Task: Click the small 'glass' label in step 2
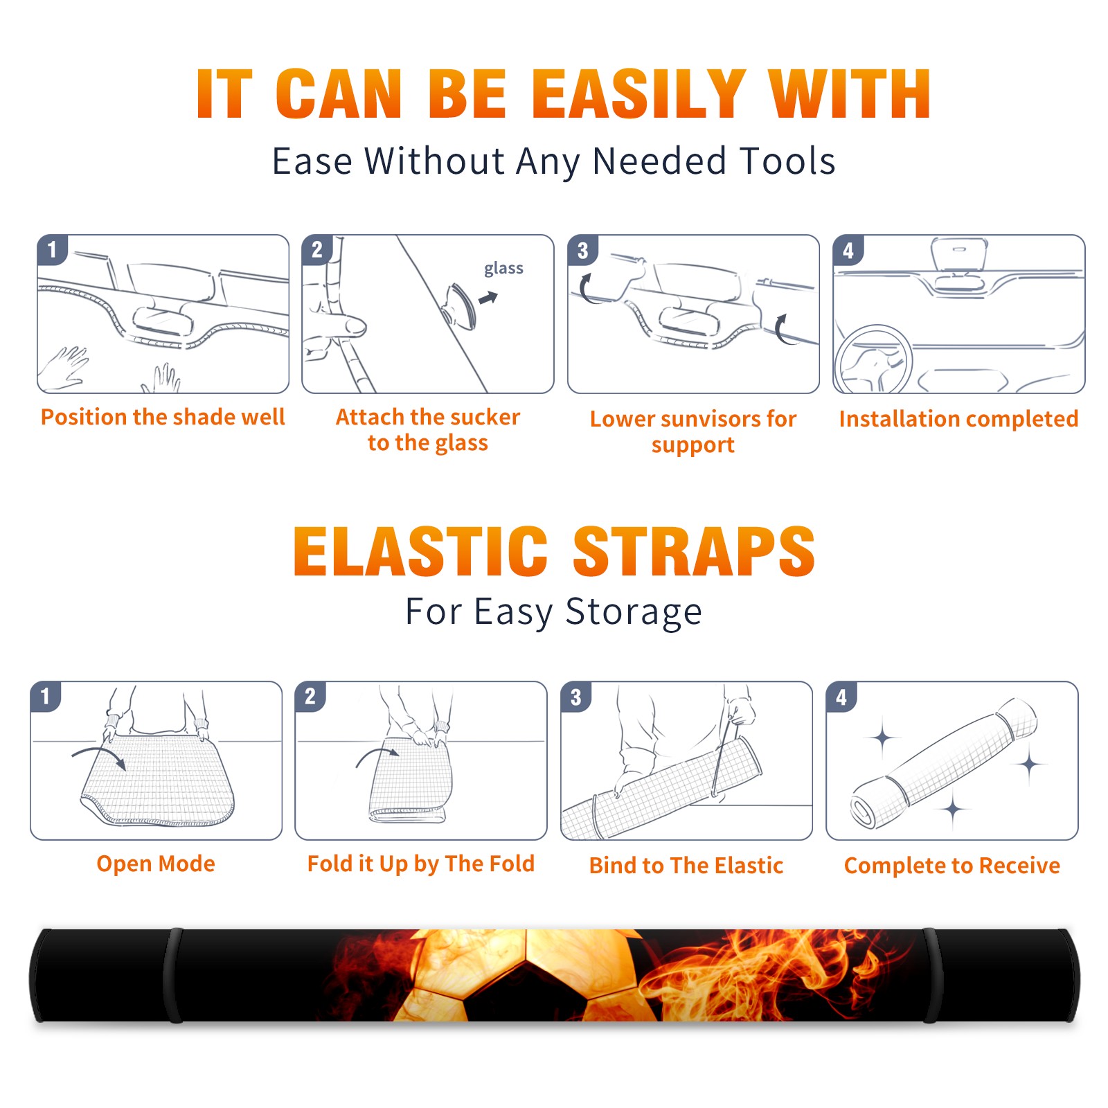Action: tap(503, 269)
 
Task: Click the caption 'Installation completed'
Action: tap(958, 419)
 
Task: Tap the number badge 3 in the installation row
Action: tap(582, 251)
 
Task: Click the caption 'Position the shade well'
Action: tap(163, 417)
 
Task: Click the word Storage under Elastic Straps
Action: tap(634, 612)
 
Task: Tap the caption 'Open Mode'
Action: tap(156, 864)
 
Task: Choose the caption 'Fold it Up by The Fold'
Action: tap(421, 864)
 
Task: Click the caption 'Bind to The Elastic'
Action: tap(686, 866)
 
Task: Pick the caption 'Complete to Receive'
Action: tap(952, 866)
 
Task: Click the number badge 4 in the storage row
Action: tap(841, 697)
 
